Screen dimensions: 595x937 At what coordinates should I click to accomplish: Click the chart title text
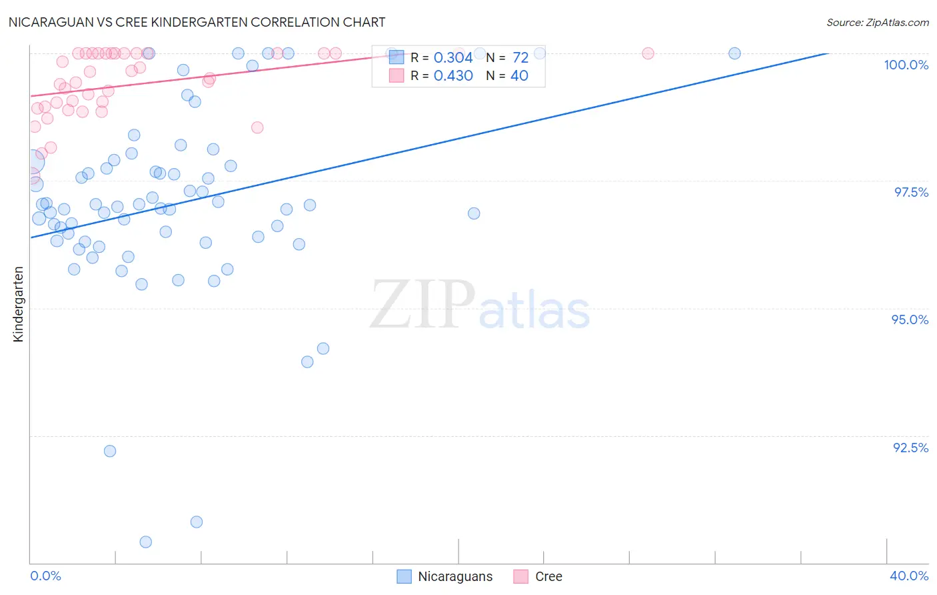pyautogui.click(x=197, y=22)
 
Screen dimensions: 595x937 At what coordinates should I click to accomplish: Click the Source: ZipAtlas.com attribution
pyautogui.click(x=877, y=22)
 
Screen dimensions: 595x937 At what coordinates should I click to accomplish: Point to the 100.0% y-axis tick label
pyautogui.click(x=906, y=65)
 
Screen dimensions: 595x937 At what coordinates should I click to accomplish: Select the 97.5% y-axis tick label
pyautogui.click(x=911, y=192)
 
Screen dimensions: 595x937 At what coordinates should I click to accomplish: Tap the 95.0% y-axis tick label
pyautogui.click(x=910, y=320)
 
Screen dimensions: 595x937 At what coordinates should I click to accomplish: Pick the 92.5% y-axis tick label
pyautogui.click(x=910, y=448)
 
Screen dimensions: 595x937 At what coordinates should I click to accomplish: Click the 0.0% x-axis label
pyautogui.click(x=45, y=576)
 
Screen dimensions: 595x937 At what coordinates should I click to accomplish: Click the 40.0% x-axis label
pyautogui.click(x=909, y=576)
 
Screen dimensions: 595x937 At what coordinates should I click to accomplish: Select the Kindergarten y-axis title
pyautogui.click(x=18, y=304)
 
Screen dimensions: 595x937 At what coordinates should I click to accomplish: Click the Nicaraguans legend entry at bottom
pyautogui.click(x=445, y=576)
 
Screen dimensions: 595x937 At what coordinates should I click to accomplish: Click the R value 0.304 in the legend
pyautogui.click(x=453, y=58)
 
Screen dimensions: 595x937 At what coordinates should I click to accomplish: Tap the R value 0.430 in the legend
pyautogui.click(x=453, y=76)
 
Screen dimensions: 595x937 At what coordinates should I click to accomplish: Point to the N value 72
pyautogui.click(x=520, y=58)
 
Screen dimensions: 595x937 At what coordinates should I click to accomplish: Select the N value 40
pyautogui.click(x=519, y=76)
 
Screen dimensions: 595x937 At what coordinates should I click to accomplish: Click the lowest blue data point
pyautogui.click(x=146, y=542)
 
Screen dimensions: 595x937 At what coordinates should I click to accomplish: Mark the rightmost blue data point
pyautogui.click(x=734, y=53)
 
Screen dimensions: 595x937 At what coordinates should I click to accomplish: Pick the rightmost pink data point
pyautogui.click(x=648, y=53)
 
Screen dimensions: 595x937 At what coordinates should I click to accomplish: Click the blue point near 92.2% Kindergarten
pyautogui.click(x=110, y=451)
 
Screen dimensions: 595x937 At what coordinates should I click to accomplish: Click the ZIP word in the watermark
pyautogui.click(x=423, y=306)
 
